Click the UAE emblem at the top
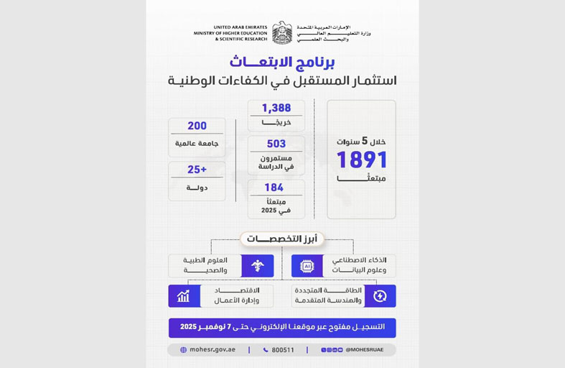click(x=282, y=33)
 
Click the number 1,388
click(x=276, y=108)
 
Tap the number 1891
click(x=362, y=160)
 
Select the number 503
click(x=276, y=144)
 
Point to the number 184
click(x=274, y=188)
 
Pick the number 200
click(x=197, y=126)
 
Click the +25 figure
click(x=197, y=170)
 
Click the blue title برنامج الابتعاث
click(x=282, y=62)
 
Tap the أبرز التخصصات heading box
click(x=281, y=239)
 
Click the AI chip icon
click(x=307, y=266)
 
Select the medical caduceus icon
click(x=258, y=266)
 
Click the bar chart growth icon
click(x=184, y=296)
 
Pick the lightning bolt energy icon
click(x=380, y=296)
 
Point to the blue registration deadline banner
click(x=282, y=327)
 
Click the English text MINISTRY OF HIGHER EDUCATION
click(x=230, y=33)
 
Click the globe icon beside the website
click(x=184, y=350)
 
